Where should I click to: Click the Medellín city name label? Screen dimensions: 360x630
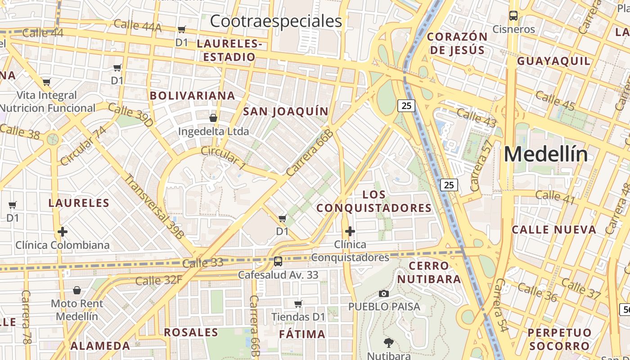point(545,154)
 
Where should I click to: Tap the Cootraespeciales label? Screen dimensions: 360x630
point(276,21)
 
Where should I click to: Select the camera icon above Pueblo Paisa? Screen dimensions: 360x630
point(384,293)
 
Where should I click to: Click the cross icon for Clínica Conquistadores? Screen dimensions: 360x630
point(350,231)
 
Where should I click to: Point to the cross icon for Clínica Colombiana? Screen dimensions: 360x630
point(63,232)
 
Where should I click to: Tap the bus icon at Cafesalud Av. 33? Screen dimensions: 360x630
point(278,261)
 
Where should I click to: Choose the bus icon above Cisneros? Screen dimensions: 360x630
point(513,16)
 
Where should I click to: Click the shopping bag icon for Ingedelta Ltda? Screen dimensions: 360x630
point(213,118)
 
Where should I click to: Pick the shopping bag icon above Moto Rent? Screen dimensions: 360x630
point(77,290)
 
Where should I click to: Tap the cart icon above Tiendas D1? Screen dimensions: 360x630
point(298,304)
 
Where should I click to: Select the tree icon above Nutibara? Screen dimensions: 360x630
point(388,343)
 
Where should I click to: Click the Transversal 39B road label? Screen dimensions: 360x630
point(154,207)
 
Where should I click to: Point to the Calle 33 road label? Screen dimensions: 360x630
point(203,262)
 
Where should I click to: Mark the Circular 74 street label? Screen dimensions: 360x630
point(83,145)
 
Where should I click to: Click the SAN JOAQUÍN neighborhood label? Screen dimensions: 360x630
point(286,111)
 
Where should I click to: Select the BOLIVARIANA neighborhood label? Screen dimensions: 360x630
point(193,95)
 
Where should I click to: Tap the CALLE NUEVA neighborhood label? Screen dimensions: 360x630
point(554,229)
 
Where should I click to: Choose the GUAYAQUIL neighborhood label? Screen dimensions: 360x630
point(553,61)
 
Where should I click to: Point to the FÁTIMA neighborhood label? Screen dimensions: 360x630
point(302,334)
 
